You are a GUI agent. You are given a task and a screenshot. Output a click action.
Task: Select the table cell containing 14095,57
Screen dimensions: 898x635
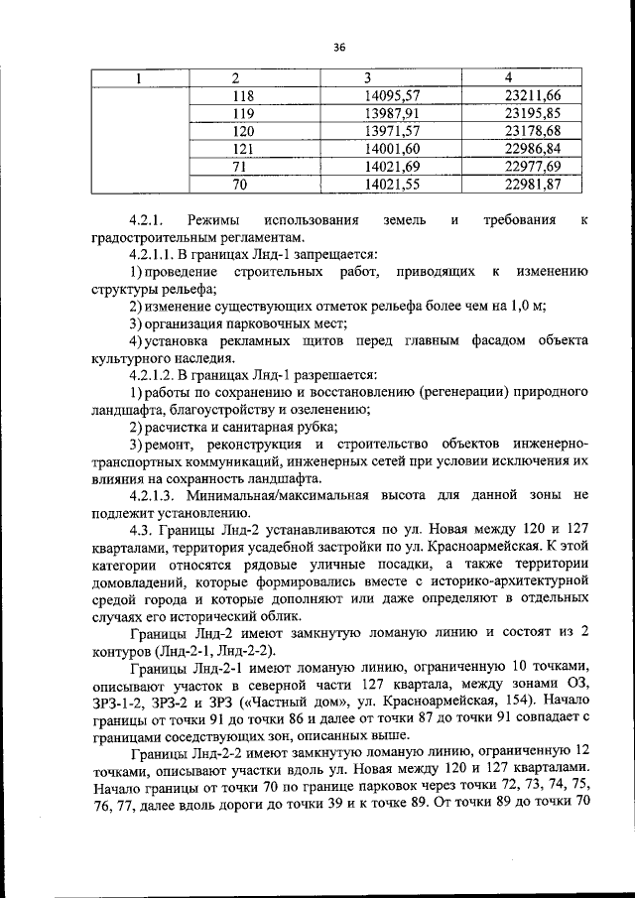393,95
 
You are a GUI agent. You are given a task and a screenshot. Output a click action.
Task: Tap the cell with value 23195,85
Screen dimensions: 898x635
532,113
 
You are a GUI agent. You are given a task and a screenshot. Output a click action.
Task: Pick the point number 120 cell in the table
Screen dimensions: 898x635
243,131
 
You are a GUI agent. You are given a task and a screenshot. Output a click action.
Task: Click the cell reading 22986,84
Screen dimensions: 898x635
532,149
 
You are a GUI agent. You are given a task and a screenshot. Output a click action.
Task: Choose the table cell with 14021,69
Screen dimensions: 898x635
393,166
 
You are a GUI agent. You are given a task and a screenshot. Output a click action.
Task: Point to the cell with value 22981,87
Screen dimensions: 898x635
532,184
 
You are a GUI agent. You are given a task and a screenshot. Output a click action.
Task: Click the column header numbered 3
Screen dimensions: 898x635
366,77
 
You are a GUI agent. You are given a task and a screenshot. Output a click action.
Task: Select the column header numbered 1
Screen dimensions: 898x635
139,77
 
